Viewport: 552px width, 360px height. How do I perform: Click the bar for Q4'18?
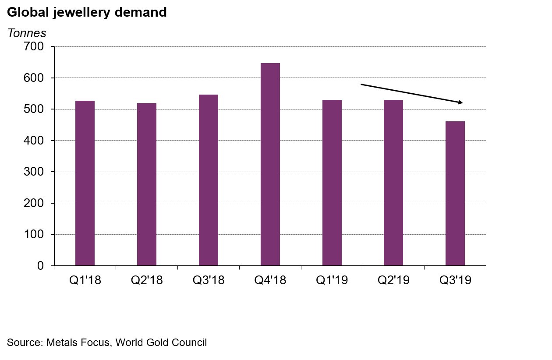[x=270, y=164]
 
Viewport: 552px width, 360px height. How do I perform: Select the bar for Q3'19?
[x=455, y=193]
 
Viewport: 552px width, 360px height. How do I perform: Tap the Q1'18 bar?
[x=85, y=183]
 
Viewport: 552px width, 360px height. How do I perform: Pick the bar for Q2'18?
[x=147, y=184]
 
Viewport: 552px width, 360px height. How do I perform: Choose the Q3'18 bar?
[x=209, y=180]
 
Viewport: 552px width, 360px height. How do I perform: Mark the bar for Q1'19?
[x=332, y=183]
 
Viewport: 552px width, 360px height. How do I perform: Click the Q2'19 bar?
[x=393, y=183]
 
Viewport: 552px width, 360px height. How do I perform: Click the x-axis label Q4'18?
[x=270, y=280]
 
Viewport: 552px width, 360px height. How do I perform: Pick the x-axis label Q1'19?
[x=332, y=280]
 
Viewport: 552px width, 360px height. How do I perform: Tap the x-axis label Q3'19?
[x=455, y=280]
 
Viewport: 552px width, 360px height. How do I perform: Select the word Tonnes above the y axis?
[x=27, y=33]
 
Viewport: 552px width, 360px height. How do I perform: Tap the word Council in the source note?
[x=190, y=342]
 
